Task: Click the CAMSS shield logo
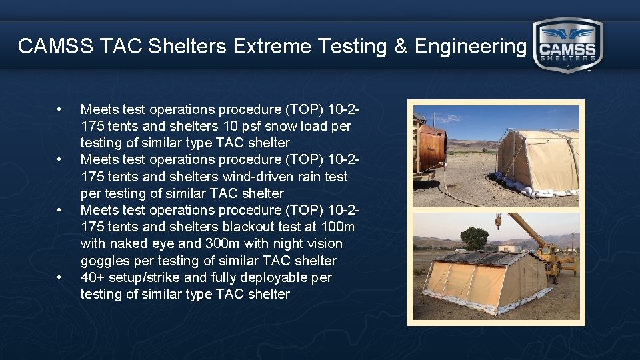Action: tap(568, 45)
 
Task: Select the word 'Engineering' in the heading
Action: tap(470, 46)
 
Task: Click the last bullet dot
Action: tap(60, 277)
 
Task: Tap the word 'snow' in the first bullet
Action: tap(280, 126)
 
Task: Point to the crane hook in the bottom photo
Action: tap(498, 222)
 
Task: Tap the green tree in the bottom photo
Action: tap(474, 237)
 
